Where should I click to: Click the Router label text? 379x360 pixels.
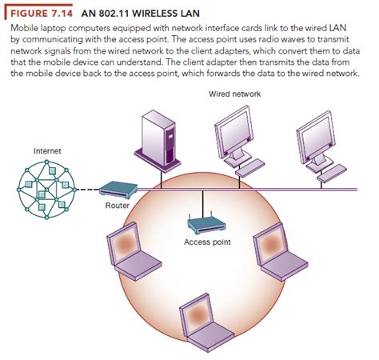117,206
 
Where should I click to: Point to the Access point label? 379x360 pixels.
207,242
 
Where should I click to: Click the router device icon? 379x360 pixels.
117,190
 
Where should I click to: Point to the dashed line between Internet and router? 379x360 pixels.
87,190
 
